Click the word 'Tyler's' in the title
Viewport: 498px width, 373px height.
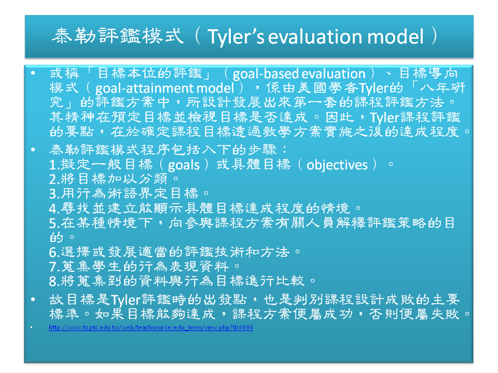tap(236, 37)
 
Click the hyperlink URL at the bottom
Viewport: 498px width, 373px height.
tap(151, 327)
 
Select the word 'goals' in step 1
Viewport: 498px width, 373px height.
tap(184, 165)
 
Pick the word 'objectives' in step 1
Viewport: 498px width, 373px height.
tap(337, 165)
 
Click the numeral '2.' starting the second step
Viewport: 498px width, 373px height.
tap(54, 179)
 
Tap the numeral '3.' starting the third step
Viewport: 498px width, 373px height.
tap(54, 193)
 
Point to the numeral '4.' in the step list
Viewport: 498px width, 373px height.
tap(54, 208)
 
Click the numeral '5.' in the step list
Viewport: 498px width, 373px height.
tap(54, 223)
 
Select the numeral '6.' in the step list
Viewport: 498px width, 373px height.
tap(54, 252)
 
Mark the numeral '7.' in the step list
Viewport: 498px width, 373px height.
tap(54, 267)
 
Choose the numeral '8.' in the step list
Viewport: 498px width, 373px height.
tap(54, 281)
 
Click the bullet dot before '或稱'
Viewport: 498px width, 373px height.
tap(33, 73)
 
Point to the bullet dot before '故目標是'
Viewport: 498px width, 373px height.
tap(33, 299)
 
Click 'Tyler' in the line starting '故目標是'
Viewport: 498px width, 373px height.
tap(126, 300)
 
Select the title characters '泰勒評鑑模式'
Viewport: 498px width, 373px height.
tap(118, 36)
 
